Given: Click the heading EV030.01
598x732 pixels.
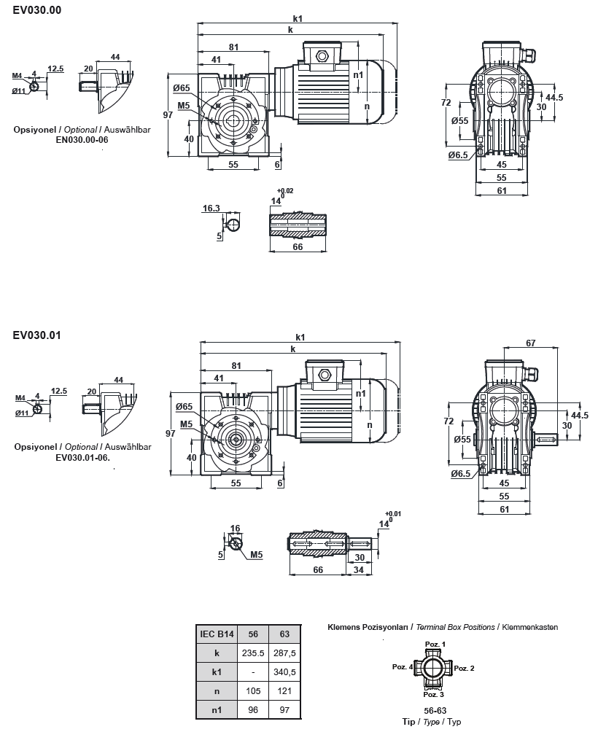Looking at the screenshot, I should pos(36,335).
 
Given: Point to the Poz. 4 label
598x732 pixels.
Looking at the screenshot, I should pos(403,667).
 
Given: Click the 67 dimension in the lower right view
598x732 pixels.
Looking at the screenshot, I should pos(530,343).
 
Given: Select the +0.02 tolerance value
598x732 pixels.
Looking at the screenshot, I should pos(285,191).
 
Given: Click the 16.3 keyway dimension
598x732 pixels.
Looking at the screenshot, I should pos(211,208).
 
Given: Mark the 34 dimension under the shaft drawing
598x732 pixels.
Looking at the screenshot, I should pos(358,569).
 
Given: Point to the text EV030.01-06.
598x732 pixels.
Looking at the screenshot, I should pos(82,457).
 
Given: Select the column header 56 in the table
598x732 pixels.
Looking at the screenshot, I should pos(253,634).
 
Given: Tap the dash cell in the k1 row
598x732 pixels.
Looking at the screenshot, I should pos(252,671).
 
